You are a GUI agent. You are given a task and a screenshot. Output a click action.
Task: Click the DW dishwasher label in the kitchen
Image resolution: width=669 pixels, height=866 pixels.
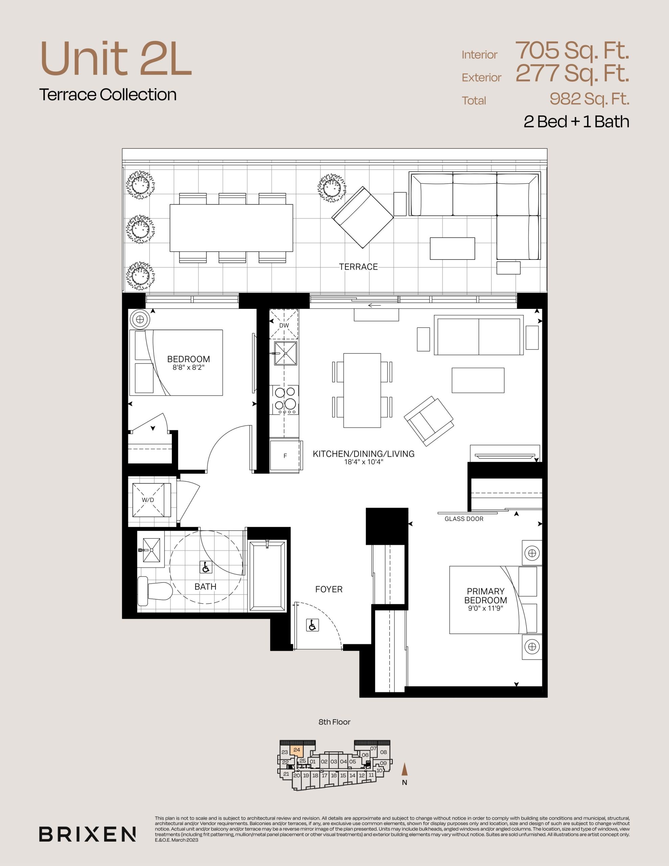(x=284, y=325)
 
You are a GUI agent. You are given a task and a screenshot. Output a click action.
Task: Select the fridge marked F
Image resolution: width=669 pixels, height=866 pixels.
(x=285, y=456)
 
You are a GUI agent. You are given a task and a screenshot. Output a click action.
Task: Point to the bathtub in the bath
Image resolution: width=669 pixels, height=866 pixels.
(x=267, y=576)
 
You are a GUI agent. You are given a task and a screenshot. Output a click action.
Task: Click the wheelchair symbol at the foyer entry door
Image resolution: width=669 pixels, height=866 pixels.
(x=313, y=625)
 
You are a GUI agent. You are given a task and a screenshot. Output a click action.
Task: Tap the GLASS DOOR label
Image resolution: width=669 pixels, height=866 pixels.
(x=464, y=519)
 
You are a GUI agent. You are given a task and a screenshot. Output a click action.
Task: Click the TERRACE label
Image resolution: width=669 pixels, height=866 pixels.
(x=359, y=267)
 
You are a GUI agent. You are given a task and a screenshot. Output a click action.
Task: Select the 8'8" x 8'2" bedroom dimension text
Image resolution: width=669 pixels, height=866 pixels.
(x=188, y=368)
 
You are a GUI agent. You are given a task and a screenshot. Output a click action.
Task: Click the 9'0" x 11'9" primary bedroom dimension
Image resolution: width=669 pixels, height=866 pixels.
(x=485, y=608)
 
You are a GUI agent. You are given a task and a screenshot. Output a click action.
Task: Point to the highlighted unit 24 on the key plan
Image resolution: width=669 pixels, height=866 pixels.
(x=297, y=750)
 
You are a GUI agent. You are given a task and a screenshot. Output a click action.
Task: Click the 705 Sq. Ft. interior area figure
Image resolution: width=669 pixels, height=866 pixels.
(x=572, y=50)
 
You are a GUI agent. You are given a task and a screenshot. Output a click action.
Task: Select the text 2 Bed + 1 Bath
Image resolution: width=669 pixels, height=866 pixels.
(x=576, y=122)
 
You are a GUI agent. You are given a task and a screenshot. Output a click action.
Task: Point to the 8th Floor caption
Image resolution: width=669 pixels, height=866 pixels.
(x=334, y=722)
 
